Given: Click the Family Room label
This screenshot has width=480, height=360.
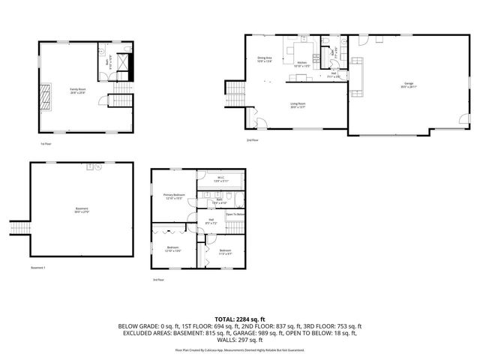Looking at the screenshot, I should click(78, 90).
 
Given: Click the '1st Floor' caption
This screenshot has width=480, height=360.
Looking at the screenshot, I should click(46, 143).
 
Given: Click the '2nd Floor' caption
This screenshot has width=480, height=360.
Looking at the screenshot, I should click(253, 140).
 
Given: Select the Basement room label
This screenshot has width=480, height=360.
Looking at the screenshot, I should click(82, 209).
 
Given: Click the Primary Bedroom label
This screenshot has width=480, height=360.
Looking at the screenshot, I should click(174, 196).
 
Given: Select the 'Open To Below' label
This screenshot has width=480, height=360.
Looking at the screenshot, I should click(236, 214).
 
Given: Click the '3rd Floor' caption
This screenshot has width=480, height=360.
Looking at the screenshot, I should click(157, 280).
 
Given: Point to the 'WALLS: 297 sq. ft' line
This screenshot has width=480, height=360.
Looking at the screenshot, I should click(239, 341).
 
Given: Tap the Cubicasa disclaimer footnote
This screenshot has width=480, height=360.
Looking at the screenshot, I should click(239, 350).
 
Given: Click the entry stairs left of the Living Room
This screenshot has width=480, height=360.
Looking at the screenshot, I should click(235, 94).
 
